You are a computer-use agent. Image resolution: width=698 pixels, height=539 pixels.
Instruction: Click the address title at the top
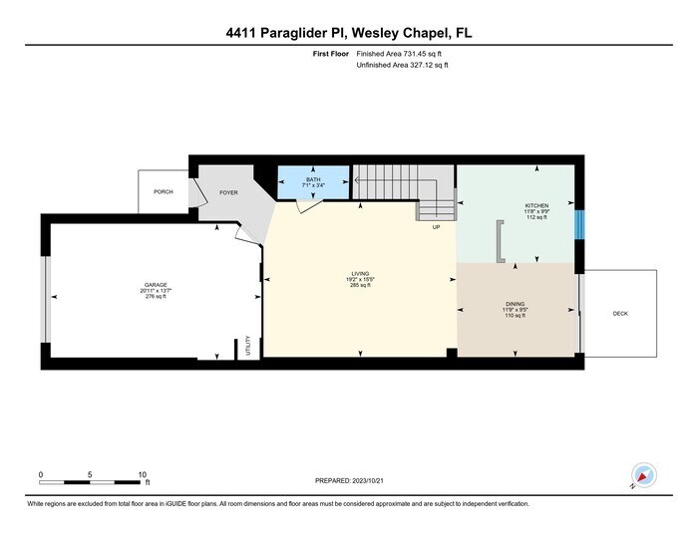pos(349,33)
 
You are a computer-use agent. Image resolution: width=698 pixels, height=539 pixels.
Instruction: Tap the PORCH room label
pos(163,191)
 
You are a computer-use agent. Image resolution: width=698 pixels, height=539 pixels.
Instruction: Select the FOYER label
pos(229,192)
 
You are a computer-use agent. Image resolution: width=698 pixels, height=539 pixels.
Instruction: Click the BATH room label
pos(314,178)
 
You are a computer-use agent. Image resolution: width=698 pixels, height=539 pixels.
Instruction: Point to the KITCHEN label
pos(537,205)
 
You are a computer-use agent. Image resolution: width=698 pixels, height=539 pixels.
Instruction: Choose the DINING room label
pos(516,303)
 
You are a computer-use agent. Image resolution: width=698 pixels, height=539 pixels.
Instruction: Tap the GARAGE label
pos(155,284)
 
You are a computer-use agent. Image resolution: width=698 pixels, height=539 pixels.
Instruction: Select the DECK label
pos(620,313)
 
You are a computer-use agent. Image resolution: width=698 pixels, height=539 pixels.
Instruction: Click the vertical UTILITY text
pos(247,347)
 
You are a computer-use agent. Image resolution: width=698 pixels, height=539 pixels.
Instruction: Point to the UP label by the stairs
pos(436,228)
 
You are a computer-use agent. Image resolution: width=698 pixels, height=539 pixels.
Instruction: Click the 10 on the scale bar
pos(143,474)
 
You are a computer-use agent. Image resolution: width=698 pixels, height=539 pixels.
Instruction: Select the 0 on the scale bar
pos(41,474)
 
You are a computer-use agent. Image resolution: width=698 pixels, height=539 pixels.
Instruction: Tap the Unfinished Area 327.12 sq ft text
pos(402,66)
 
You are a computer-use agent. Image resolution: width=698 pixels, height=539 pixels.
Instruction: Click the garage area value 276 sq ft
pos(155,296)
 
